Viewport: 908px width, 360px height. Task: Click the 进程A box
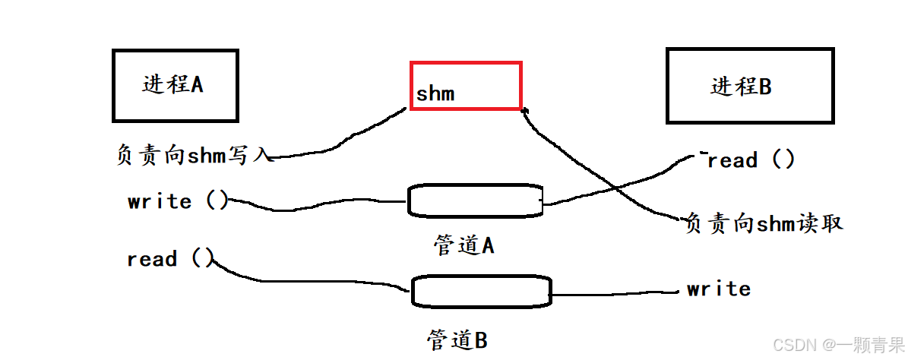click(x=175, y=85)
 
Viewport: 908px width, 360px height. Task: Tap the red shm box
click(x=466, y=86)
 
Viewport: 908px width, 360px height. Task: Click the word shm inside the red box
click(x=435, y=94)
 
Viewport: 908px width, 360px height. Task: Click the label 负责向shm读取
click(x=764, y=223)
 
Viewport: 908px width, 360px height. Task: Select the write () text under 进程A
click(x=178, y=201)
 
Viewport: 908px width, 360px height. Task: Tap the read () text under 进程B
click(x=751, y=160)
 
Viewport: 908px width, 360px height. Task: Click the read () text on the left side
click(x=170, y=259)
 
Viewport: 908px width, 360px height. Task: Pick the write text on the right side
click(x=718, y=289)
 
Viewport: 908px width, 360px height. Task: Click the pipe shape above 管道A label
click(x=475, y=200)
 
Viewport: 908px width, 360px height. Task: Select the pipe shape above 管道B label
click(x=481, y=290)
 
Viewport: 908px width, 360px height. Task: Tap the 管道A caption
click(x=464, y=245)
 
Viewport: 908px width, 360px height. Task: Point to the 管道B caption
click(x=457, y=340)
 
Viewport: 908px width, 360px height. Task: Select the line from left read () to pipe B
click(x=304, y=279)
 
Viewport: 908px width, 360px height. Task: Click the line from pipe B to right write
click(x=615, y=292)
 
